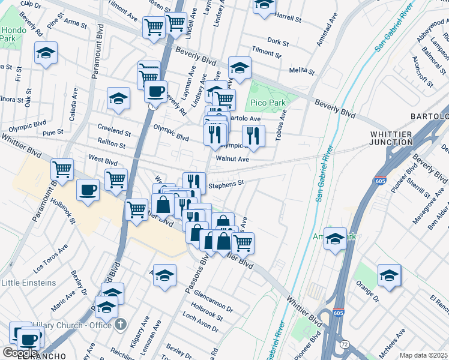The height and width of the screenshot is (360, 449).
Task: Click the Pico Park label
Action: [268, 103]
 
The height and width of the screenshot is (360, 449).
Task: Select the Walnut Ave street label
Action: [232, 160]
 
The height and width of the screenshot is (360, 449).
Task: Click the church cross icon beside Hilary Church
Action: [121, 325]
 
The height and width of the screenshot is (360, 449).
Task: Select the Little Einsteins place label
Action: [28, 283]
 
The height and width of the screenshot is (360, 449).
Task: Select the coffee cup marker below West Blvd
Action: [88, 190]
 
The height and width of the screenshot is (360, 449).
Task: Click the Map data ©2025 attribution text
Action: [423, 355]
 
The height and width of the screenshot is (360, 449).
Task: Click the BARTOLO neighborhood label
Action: [429, 116]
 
